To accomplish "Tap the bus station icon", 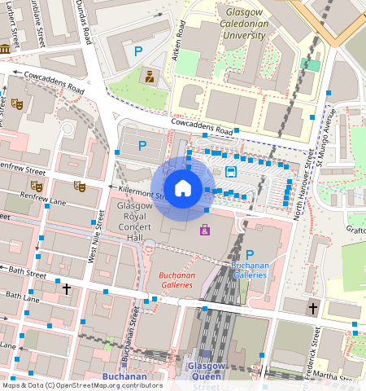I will coord(231,171).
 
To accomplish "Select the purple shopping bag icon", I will coord(204,230).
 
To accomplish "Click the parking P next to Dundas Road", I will coord(137,51).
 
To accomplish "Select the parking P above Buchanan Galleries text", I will coord(250,255).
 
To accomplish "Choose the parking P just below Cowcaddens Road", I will coord(142,146).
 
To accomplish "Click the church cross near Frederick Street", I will coord(313,308).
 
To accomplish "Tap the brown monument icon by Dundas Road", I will coord(150,77).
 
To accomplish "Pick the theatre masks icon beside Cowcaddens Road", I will coord(16,104).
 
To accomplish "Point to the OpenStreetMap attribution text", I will coord(82,385).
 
